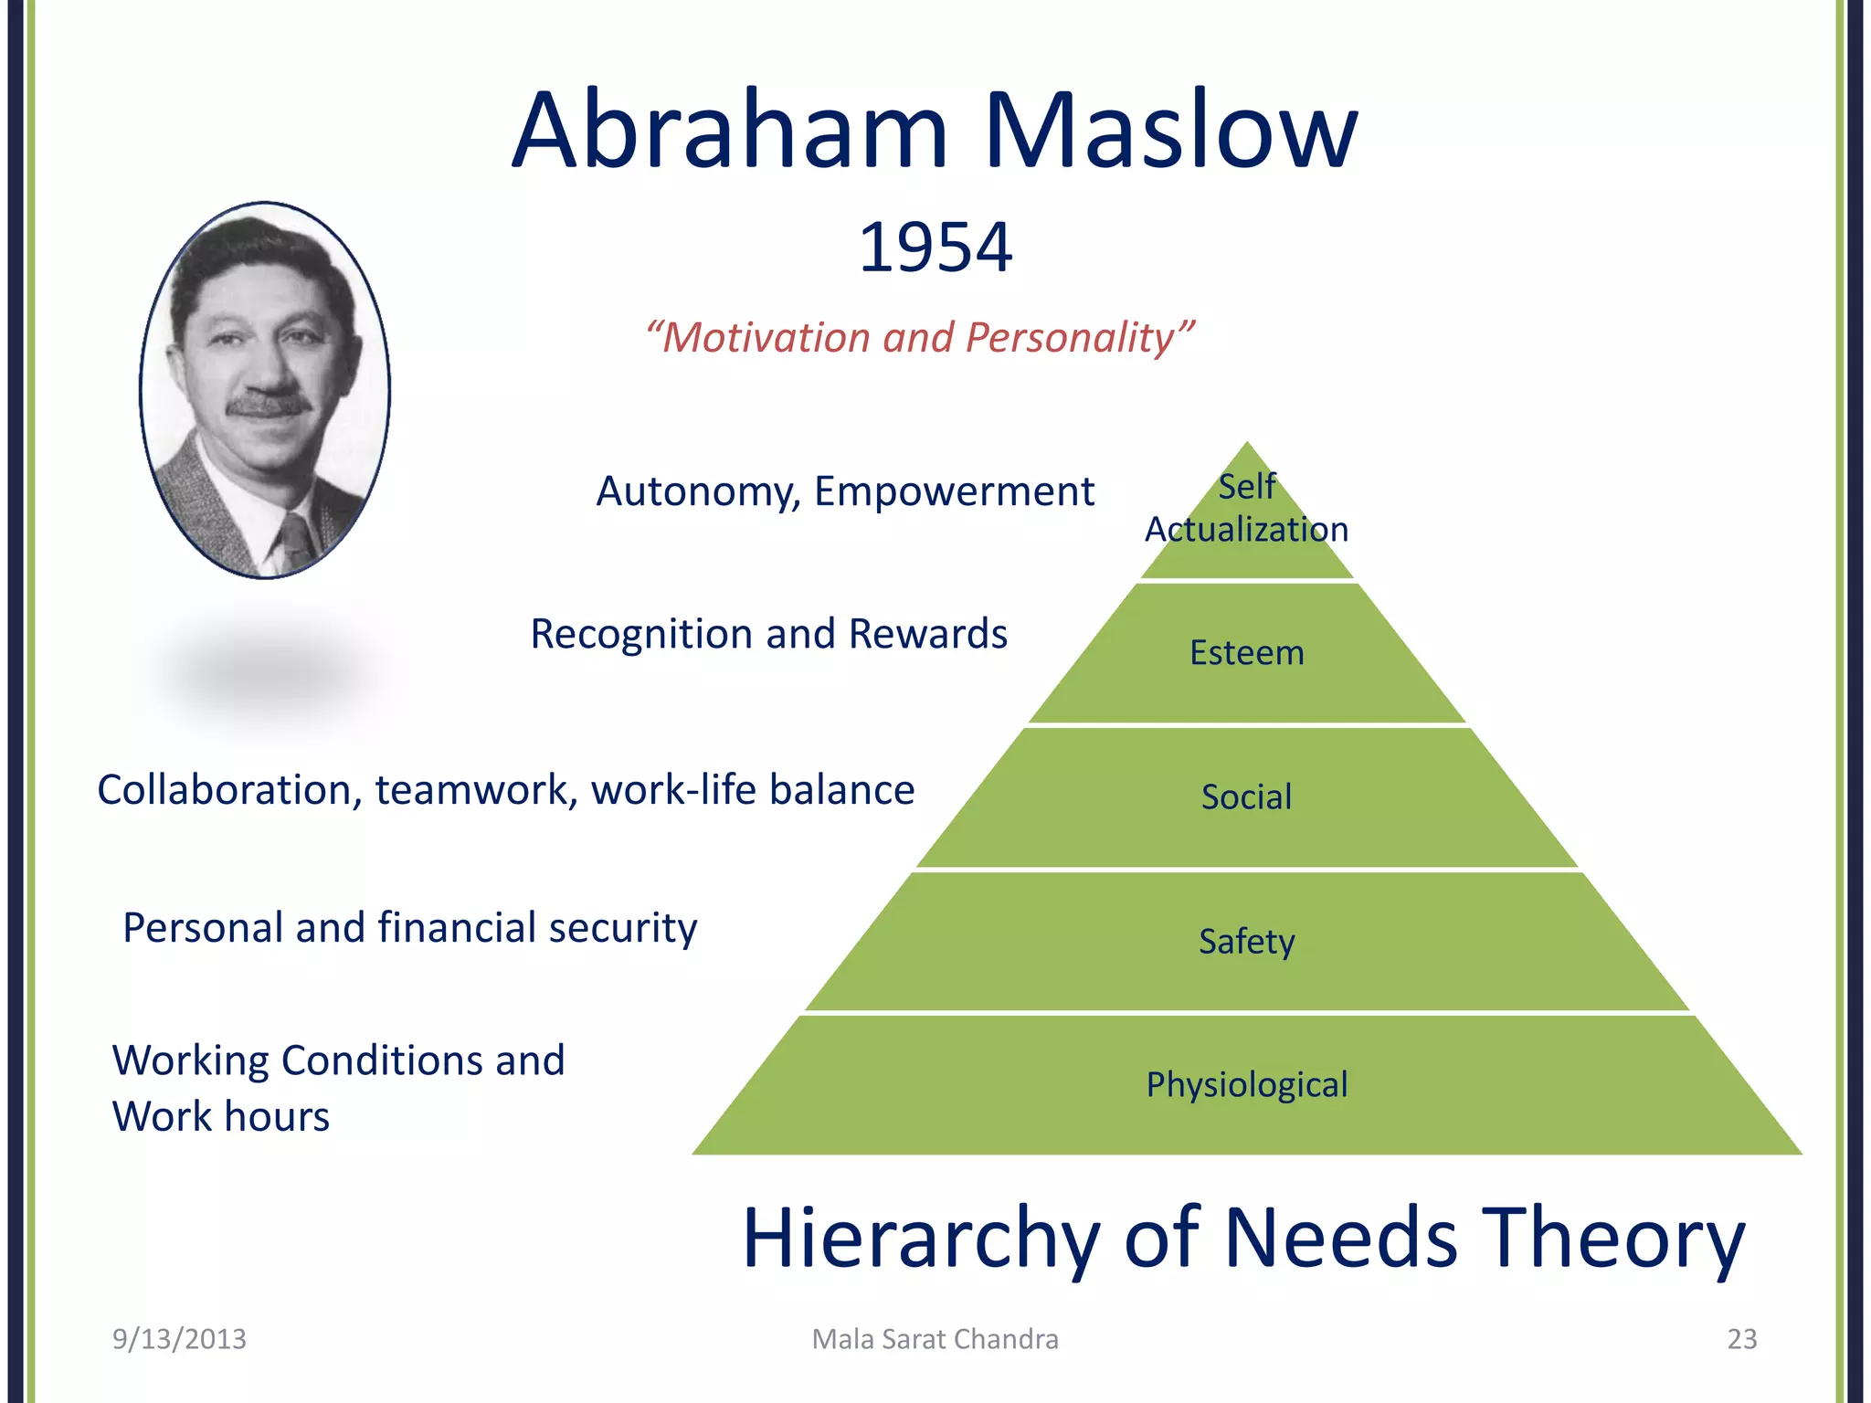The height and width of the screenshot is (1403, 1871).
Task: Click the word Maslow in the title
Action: [1170, 131]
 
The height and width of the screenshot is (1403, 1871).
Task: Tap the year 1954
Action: [935, 248]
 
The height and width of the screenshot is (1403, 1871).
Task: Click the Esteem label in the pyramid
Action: [1246, 653]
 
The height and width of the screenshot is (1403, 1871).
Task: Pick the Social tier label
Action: [1246, 797]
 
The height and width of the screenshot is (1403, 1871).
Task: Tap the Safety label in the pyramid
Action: [1246, 941]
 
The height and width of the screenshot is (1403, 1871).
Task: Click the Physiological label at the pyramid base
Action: [1246, 1085]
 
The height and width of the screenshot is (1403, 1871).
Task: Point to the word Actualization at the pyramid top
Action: [1246, 530]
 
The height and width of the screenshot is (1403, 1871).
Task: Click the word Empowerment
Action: [954, 491]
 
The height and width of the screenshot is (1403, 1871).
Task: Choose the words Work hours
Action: [220, 1117]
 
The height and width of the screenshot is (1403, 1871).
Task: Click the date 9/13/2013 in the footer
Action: [179, 1339]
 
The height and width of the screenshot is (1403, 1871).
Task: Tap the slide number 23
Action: [1741, 1339]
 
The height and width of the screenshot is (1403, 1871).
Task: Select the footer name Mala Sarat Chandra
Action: [935, 1339]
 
